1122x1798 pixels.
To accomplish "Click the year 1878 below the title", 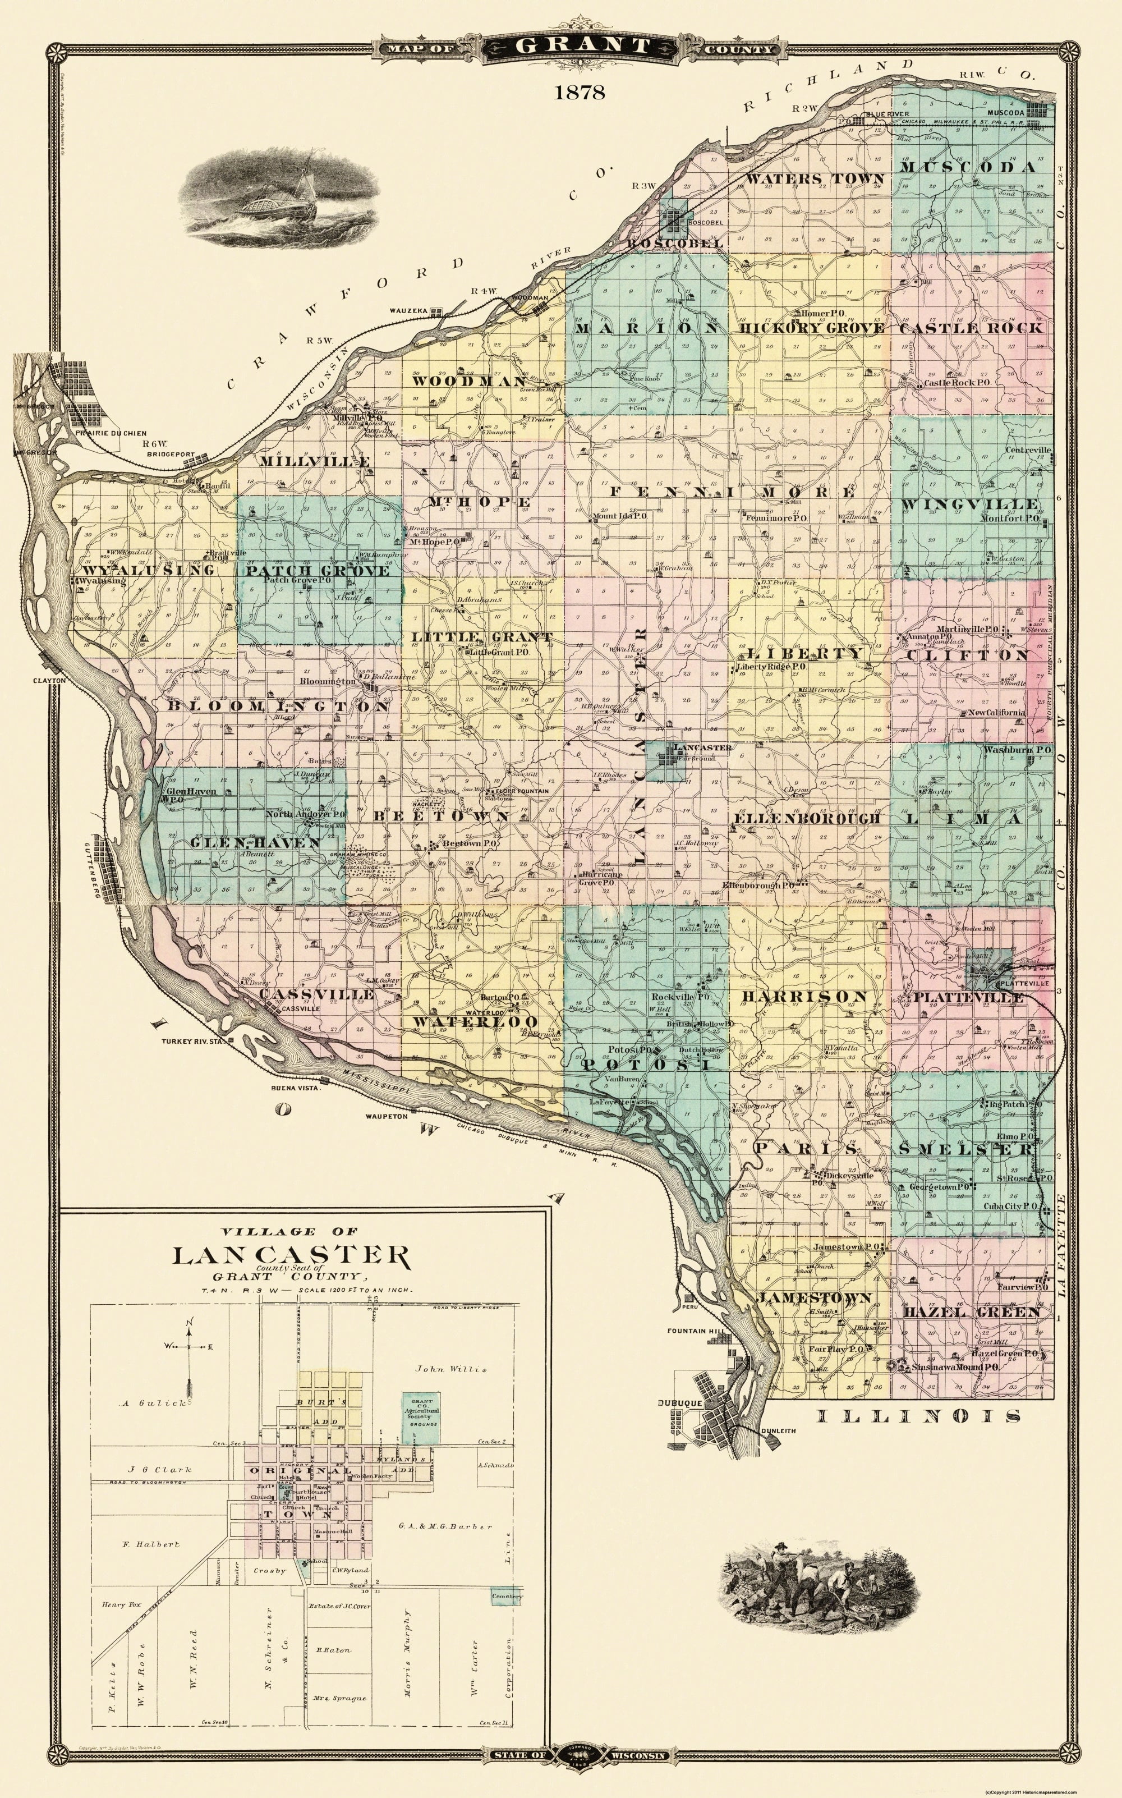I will [579, 93].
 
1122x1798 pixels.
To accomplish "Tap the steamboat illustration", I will [280, 196].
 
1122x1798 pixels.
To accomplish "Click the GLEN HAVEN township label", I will [255, 842].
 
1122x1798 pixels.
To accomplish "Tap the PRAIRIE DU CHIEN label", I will [109, 433].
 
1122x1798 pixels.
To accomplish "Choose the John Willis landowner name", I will [450, 1369].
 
